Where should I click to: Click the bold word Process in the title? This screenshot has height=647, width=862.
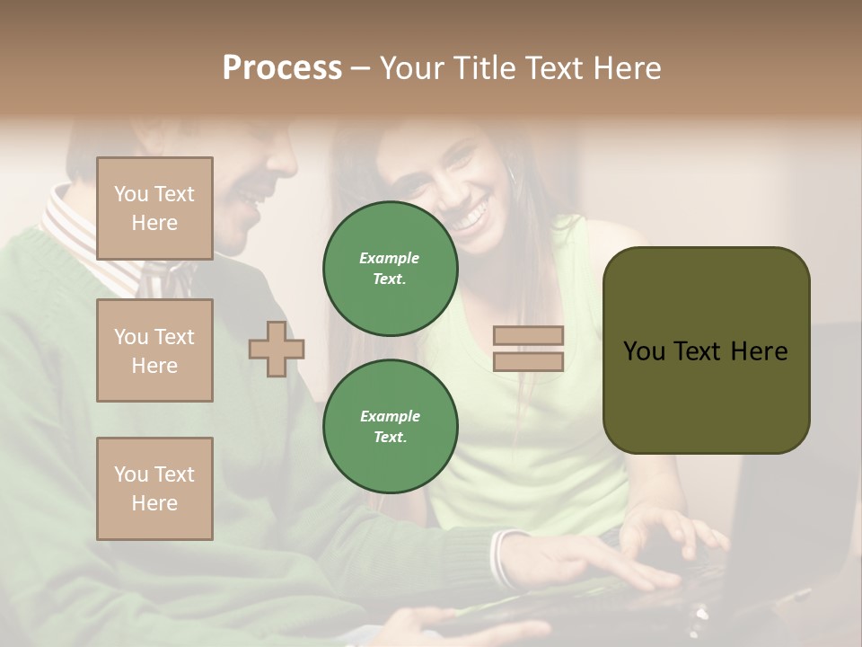282,68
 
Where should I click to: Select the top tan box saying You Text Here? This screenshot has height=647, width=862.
154,208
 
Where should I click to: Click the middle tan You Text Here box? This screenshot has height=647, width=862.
154,350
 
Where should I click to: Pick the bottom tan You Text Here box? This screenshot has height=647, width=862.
154,489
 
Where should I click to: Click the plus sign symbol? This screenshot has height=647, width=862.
277,349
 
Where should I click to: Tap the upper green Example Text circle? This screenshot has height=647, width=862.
391,269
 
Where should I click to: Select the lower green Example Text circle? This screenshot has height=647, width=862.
391,427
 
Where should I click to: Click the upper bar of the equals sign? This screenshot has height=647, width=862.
529,335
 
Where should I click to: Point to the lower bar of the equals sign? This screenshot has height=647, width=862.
529,361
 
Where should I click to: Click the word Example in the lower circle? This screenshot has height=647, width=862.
390,416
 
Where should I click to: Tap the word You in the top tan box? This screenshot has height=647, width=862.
131,194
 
